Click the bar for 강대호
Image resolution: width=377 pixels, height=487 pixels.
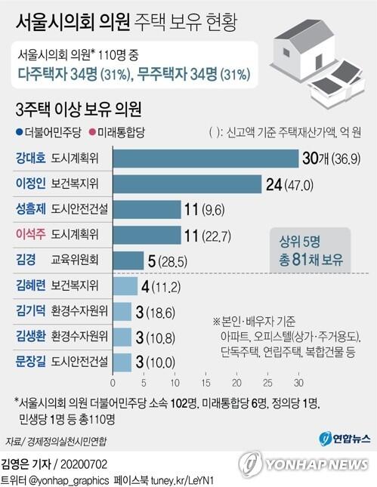click(205, 159)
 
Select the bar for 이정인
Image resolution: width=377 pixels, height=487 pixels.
click(187, 184)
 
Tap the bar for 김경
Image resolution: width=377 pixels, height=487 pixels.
click(128, 260)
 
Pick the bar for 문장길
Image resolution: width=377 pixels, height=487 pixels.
click(122, 362)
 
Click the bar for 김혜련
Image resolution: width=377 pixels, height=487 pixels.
click(125, 286)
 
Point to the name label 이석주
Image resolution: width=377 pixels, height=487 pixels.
click(30, 234)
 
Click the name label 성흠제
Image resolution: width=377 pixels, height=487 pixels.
click(30, 208)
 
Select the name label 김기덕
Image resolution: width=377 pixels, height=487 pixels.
click(30, 310)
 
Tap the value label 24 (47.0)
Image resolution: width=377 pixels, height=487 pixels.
click(289, 185)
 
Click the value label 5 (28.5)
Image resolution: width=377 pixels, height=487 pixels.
click(168, 261)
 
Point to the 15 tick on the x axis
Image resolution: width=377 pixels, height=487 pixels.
click(205, 383)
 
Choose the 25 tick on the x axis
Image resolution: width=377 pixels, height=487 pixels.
click(267, 383)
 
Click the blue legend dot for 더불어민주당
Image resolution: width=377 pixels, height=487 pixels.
click(20, 133)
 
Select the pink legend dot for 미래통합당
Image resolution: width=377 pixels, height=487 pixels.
click(92, 133)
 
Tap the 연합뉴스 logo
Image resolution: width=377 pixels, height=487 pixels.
click(345, 439)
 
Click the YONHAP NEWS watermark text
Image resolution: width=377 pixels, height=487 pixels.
click(317, 465)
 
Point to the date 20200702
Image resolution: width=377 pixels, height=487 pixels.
click(84, 464)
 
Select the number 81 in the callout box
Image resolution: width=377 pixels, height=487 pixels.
click(298, 260)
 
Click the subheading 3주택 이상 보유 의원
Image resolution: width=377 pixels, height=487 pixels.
click(79, 109)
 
